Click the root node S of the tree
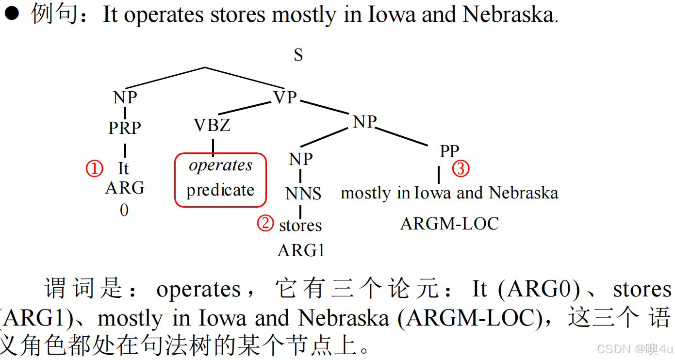(x=298, y=55)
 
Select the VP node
(x=285, y=98)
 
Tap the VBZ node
(x=212, y=126)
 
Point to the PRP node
(x=125, y=128)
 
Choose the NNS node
(x=303, y=194)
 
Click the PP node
(x=449, y=151)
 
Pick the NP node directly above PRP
(x=125, y=98)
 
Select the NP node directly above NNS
(x=301, y=159)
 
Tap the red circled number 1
(x=95, y=169)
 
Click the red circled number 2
(x=265, y=224)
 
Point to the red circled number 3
(x=461, y=169)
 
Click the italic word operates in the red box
(x=221, y=165)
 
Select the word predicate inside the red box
(x=220, y=190)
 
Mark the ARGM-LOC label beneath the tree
(x=449, y=224)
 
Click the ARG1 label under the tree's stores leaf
(x=301, y=250)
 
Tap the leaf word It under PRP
(x=123, y=169)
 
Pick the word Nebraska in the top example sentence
(x=508, y=15)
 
